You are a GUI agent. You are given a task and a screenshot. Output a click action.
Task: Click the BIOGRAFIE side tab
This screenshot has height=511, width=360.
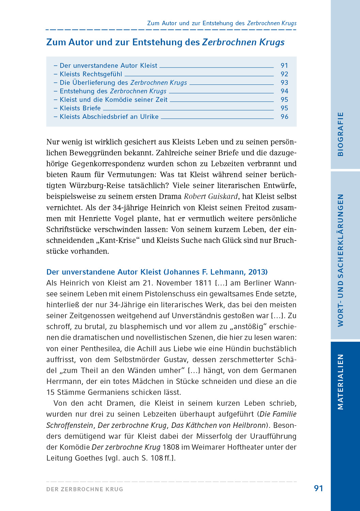pos(340,134)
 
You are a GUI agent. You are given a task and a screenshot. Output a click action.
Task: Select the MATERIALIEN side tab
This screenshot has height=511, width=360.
pos(340,382)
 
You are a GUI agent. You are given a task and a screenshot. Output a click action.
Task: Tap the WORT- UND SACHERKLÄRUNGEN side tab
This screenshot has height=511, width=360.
pos(340,260)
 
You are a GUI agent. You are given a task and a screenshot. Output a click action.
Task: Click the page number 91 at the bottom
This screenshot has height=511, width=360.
pos(318,488)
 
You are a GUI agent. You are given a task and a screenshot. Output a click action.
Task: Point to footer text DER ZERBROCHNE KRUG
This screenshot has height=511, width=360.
pos(85,489)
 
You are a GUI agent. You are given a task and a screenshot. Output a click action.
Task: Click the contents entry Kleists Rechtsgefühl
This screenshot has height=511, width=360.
pos(91,74)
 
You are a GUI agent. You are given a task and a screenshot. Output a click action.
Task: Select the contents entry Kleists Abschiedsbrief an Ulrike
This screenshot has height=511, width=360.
pos(109,117)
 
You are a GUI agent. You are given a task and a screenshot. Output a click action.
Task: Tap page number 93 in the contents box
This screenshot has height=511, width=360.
pos(284,82)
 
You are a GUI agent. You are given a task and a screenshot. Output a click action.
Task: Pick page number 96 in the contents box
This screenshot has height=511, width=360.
pos(284,117)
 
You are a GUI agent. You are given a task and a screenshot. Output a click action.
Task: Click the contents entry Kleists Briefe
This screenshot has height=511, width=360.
pos(80,108)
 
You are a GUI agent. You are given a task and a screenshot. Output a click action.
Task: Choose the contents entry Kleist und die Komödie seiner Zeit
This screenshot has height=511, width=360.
pos(113,99)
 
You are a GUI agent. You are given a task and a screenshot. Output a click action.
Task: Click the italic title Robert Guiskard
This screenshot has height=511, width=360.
pos(210,197)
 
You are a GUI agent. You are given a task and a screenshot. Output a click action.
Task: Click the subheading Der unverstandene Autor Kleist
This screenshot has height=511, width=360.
pos(104,272)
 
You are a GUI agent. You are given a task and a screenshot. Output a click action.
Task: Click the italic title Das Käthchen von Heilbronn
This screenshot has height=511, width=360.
pos(218,425)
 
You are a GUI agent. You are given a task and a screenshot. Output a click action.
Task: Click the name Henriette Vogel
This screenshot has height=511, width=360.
pos(107,218)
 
